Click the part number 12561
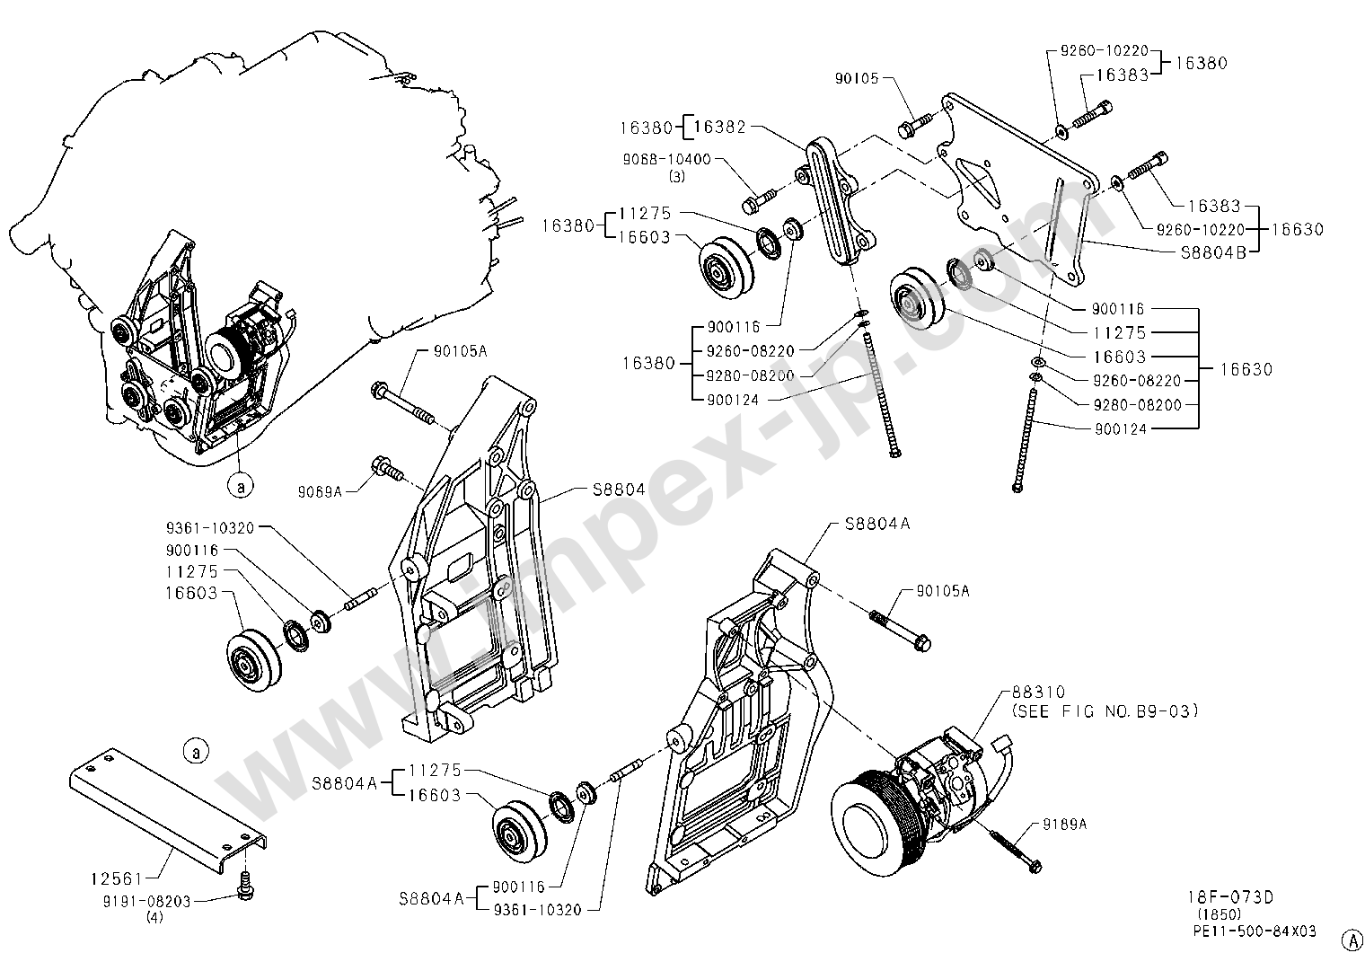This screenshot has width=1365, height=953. pos(117,878)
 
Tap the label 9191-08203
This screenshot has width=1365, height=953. pos(147,901)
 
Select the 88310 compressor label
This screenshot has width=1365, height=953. pos(1039,693)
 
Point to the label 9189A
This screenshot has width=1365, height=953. pos(1065,825)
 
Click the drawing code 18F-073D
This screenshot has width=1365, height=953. pos(1231,897)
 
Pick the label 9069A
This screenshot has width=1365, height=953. pos(320,491)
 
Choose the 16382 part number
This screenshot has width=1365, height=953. pos(719,127)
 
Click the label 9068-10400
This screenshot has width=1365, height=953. pos(666,160)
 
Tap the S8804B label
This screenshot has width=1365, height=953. pos(1214,252)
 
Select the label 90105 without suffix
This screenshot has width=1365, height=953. pos(857,78)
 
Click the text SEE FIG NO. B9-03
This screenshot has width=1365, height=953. pos(1105,711)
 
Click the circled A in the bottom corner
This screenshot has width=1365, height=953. pos(1352,939)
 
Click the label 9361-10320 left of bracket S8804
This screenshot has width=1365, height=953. pos(210,527)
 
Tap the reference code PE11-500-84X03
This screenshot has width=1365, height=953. pos(1255,931)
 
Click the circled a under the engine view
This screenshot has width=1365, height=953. pos(240,486)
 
